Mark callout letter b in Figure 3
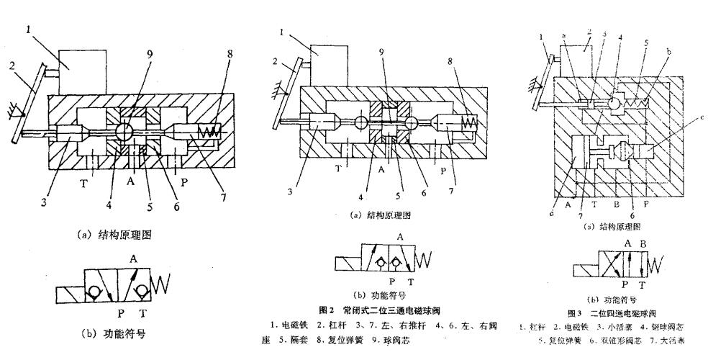[671, 52]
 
